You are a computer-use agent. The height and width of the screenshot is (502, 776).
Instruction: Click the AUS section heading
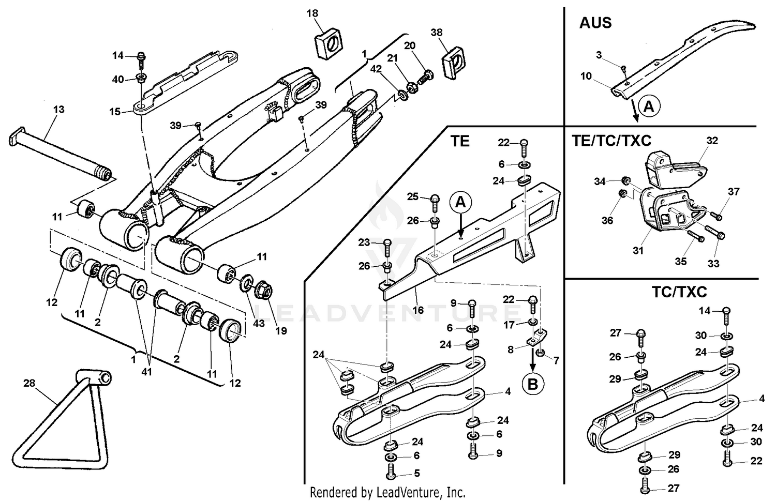595,23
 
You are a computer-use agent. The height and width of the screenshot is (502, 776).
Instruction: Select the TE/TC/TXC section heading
611,141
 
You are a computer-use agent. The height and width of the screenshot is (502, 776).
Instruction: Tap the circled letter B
533,384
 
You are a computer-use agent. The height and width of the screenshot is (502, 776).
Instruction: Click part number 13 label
58,109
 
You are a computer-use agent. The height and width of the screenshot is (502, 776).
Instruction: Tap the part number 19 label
281,330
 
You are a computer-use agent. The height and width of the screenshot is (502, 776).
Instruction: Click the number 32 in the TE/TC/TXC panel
712,141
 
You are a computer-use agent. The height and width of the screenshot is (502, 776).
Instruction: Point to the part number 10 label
586,77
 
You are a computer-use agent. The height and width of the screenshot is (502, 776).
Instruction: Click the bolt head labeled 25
435,199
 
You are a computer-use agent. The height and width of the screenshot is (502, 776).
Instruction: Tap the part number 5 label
416,473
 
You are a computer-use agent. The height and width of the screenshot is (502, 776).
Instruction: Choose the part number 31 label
638,251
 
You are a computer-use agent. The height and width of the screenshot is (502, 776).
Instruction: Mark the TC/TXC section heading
679,292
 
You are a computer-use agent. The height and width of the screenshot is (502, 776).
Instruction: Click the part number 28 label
29,383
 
